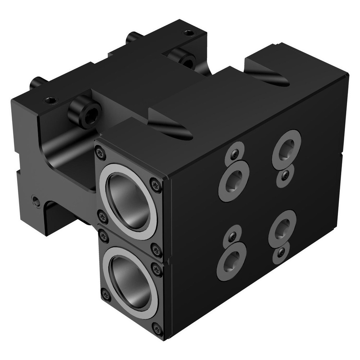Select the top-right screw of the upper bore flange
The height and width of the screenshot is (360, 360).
[155, 184]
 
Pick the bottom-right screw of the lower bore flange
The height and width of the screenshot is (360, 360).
[157, 329]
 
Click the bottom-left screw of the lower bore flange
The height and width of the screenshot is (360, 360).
[105, 295]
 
